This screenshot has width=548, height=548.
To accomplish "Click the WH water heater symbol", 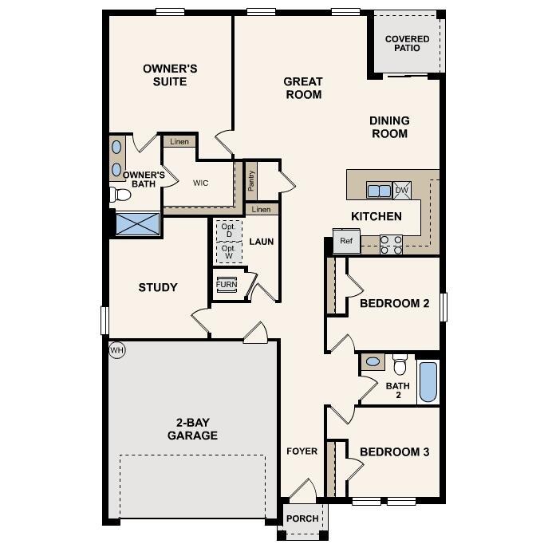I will coord(117,349).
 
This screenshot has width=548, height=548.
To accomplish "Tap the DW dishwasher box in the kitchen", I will coord(402,190).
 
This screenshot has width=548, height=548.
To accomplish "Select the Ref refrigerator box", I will coord(346,241).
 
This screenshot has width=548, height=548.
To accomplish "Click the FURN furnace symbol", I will coord(227,285).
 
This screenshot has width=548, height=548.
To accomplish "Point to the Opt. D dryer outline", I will coord(229,231).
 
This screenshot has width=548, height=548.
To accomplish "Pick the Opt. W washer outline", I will coord(229,252).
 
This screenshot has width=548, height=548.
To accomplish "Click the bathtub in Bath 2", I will coord(428,383).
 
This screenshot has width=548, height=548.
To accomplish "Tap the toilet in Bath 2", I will coord(400,365).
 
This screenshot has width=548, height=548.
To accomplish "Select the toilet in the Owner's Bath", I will coord(121,194).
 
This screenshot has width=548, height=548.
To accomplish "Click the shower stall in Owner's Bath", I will coord(138,223).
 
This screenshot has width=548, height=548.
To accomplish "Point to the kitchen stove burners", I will coord(391,244).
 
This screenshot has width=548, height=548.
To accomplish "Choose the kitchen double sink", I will coord(379,190).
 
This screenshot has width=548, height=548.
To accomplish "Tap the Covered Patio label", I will coord(407,43).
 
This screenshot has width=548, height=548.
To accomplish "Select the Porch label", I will coord(302,518).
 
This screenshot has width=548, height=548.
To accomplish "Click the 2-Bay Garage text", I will coord(192,429).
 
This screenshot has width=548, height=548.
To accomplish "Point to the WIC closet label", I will coord(200,183).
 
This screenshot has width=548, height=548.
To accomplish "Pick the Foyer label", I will coord(302,451).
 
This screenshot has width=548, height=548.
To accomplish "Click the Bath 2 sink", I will coord(373,362).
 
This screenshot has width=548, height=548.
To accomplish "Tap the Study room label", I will coord(158,287).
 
